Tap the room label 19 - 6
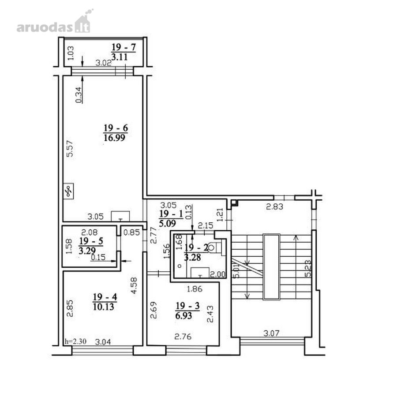pyautogui.click(x=116, y=128)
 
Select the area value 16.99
pyautogui.click(x=114, y=138)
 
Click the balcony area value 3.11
pyautogui.click(x=120, y=57)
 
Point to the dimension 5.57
pyautogui.click(x=70, y=149)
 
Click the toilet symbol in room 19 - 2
pyautogui.click(x=212, y=247)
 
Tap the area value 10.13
pyautogui.click(x=103, y=307)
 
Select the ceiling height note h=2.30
pyautogui.click(x=75, y=341)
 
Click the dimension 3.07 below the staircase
pyautogui.click(x=271, y=333)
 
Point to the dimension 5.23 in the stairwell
pyautogui.click(x=308, y=268)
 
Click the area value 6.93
pyautogui.click(x=184, y=316)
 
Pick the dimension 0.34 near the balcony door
pyautogui.click(x=79, y=95)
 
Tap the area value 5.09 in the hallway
pyautogui.click(x=168, y=223)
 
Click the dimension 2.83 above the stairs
pyautogui.click(x=274, y=207)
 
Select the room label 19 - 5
pyautogui.click(x=91, y=241)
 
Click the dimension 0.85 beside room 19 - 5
pyautogui.click(x=131, y=232)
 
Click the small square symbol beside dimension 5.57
pyautogui.click(x=68, y=191)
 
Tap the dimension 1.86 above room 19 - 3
pyautogui.click(x=195, y=288)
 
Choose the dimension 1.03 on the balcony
pyautogui.click(x=71, y=52)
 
